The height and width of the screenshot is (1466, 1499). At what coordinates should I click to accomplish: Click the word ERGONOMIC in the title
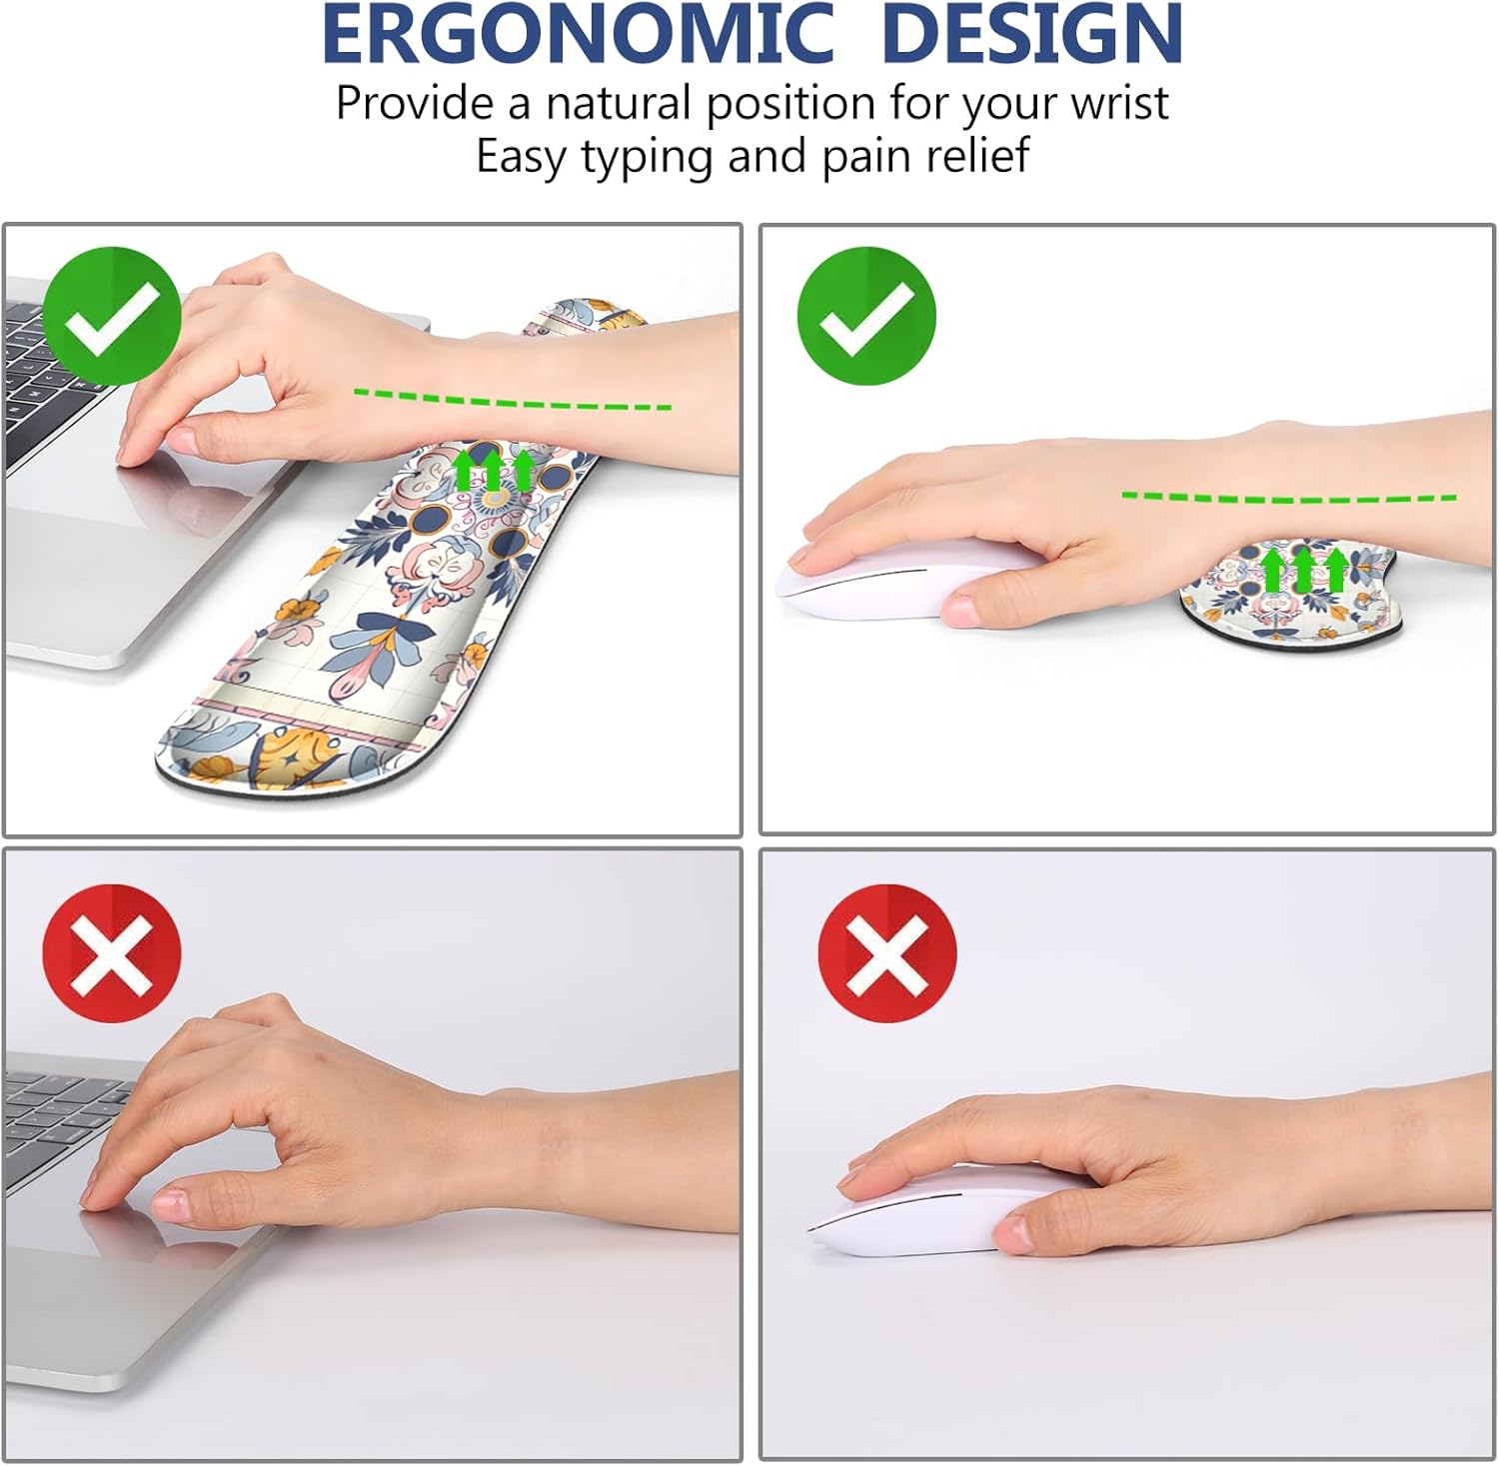577,34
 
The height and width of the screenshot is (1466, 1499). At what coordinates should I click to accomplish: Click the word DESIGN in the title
1032,34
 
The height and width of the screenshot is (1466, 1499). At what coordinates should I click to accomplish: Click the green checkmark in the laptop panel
112,316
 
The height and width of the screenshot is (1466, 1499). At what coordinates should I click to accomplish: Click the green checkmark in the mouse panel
866,316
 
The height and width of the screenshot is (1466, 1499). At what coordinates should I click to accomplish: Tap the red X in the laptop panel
112,952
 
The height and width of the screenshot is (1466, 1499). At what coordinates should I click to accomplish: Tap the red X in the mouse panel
887,952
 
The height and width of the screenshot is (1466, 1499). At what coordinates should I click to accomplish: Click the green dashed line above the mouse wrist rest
1288,497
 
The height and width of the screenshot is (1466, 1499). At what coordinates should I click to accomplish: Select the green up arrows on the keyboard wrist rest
494,469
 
